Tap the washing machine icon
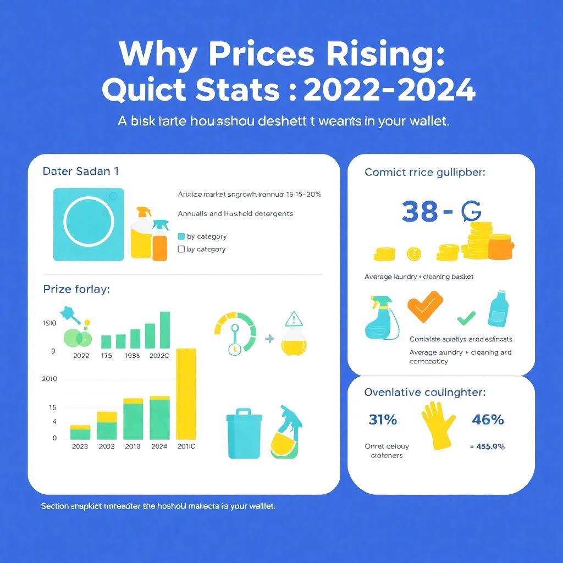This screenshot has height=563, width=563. (89, 224)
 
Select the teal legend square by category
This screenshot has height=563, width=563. (181, 236)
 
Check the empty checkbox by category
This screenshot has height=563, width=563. (181, 249)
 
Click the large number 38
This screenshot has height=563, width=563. (420, 212)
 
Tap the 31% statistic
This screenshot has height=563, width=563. (383, 420)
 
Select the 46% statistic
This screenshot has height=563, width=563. (488, 420)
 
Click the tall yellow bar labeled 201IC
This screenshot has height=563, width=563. (186, 394)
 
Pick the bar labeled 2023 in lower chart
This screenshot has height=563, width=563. (80, 432)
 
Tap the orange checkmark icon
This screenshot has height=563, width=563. (425, 306)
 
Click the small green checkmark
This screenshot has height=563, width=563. (466, 317)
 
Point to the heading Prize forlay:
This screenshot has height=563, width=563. (76, 289)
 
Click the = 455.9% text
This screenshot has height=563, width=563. (487, 446)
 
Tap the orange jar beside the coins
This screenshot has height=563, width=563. (499, 246)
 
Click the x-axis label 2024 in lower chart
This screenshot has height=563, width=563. (159, 446)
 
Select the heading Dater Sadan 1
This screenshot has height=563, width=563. (80, 171)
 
